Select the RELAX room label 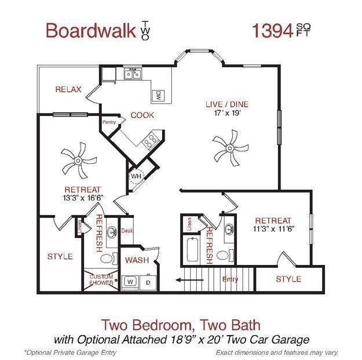tap(68, 89)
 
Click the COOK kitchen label tap(142, 115)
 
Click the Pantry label tap(109, 122)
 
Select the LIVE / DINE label tap(226, 104)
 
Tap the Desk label tap(127, 231)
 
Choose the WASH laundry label tap(137, 260)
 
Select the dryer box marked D tap(147, 282)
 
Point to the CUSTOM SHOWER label tap(101, 280)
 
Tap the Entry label tap(230, 280)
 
